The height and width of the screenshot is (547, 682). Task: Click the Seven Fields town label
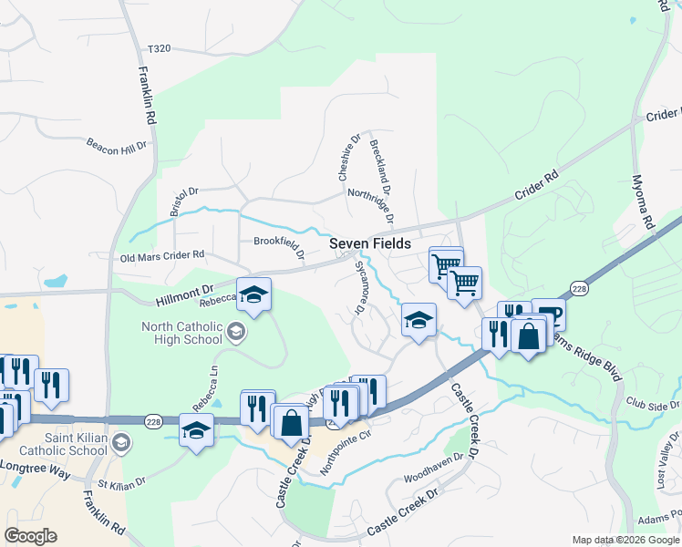point(369,245)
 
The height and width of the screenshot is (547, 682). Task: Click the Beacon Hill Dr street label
point(116,145)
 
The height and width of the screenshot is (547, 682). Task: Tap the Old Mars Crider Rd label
point(162,257)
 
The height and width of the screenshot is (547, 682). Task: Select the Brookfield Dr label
point(278,242)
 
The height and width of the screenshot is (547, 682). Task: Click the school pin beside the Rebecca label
point(255,294)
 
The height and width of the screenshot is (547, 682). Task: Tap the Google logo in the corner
point(30,536)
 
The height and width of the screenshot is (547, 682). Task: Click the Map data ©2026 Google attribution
point(625,540)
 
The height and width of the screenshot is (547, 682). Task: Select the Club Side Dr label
point(653,403)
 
